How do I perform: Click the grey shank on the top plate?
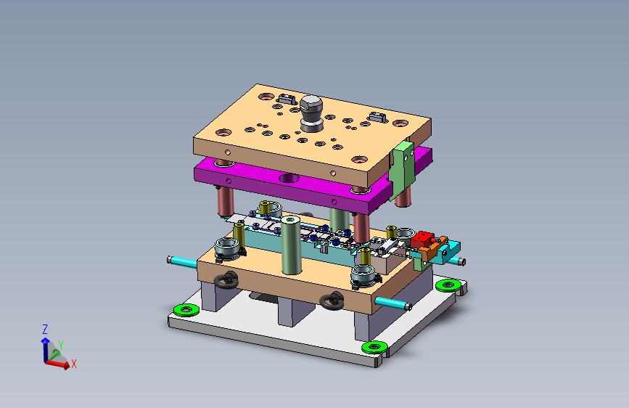coord(311,114)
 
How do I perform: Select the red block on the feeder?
coord(422,239)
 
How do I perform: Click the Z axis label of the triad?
coord(45,330)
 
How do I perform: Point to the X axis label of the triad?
coord(74,364)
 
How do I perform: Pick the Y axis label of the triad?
coord(61,346)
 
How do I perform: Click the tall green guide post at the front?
coord(291,245)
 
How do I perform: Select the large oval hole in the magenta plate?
coord(289,178)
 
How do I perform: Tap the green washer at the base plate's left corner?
coord(186,309)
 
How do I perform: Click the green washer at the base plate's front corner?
coord(374,347)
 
